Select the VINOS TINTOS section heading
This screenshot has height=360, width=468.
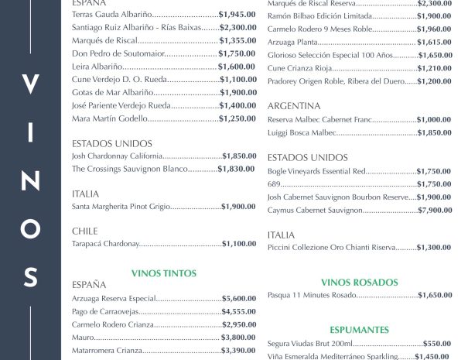pos(164,273)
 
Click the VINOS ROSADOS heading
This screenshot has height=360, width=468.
pos(359,283)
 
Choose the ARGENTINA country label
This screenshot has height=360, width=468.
pos(294,106)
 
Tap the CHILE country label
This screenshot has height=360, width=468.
pos(84,231)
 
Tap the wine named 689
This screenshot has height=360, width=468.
pos(274,184)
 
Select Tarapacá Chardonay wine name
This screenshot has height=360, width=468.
pos(105,244)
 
